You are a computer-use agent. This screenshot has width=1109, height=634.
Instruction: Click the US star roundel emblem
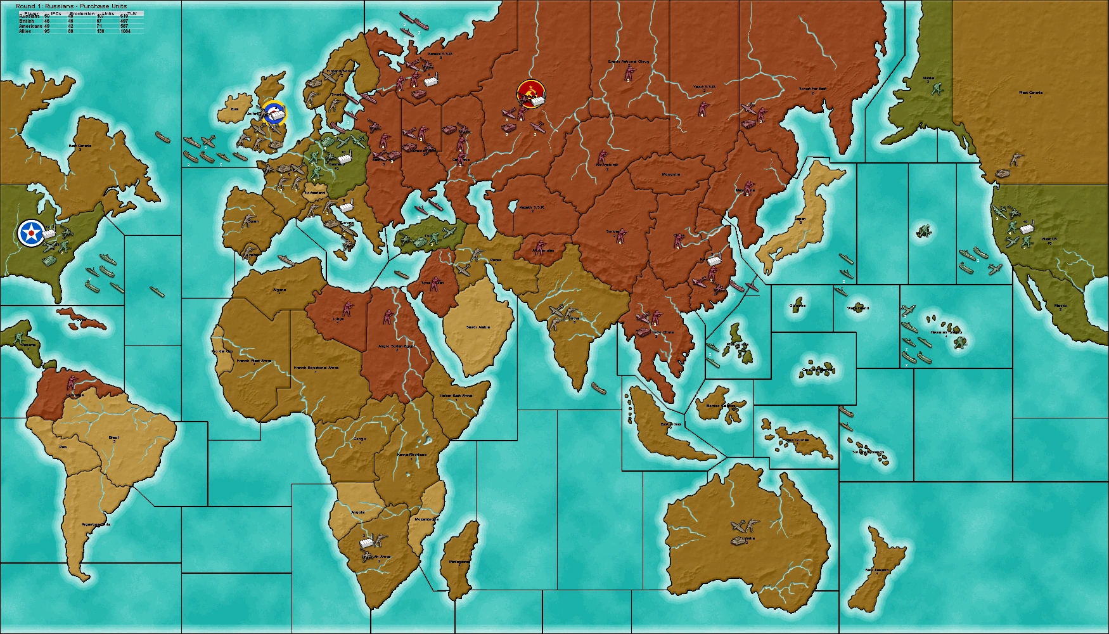30,233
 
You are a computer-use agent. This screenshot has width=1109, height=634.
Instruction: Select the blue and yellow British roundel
274,112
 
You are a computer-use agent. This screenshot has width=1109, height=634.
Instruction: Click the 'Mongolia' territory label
670,174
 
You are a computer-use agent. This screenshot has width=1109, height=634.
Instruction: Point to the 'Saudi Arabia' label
478,327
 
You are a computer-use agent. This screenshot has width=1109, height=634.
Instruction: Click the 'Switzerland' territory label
314,192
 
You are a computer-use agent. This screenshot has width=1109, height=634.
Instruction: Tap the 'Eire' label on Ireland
235,108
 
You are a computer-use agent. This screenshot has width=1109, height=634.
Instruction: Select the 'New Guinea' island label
797,439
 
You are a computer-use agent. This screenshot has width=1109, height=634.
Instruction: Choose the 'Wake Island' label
858,308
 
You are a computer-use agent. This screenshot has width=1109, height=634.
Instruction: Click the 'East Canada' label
80,146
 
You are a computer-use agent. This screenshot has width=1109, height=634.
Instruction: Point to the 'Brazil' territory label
114,437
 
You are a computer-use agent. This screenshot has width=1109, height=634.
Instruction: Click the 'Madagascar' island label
459,562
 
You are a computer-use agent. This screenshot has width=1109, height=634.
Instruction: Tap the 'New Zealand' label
877,570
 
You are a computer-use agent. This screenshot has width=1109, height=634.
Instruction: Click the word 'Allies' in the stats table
25,31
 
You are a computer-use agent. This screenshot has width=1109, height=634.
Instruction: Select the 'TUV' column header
132,13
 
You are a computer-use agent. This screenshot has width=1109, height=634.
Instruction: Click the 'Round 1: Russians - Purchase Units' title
71,6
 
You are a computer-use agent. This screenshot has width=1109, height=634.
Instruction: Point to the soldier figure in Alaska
937,89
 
